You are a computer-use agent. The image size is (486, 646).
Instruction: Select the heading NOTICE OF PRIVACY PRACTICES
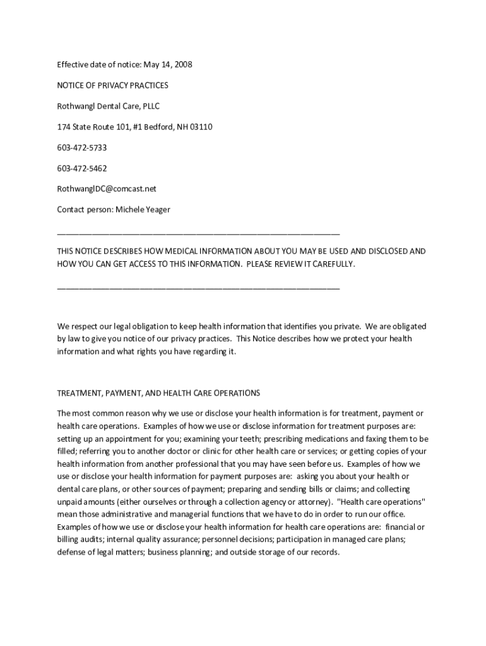pos(112,85)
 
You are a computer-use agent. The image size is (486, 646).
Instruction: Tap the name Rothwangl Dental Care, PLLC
pos(109,106)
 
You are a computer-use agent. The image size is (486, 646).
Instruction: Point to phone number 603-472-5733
pos(82,148)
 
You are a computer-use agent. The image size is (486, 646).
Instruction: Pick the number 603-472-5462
pos(82,168)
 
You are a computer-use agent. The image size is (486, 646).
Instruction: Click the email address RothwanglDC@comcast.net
pos(106,189)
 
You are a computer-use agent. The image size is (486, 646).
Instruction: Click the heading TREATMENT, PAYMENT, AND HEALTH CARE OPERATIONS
pos(158,393)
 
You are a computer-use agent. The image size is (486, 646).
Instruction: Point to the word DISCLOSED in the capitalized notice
pos(390,251)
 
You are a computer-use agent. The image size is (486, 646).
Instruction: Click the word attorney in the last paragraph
pos(314,502)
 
